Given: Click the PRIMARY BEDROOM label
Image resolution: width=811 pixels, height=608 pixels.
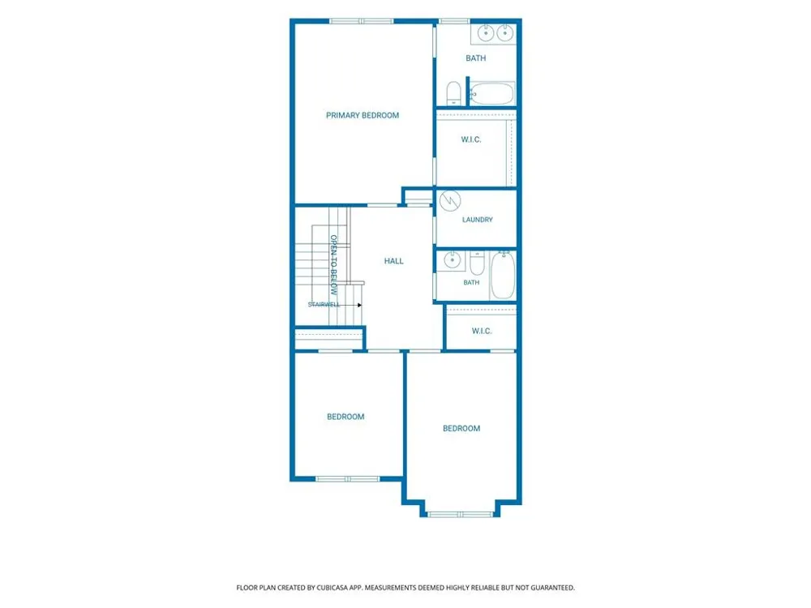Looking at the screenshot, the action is pyautogui.click(x=362, y=115).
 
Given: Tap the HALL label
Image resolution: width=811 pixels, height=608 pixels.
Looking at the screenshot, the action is pyautogui.click(x=393, y=261).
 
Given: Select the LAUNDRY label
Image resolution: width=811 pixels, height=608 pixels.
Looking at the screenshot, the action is pyautogui.click(x=478, y=220).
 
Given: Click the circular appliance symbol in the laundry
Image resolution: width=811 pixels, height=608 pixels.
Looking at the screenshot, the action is pyautogui.click(x=450, y=201).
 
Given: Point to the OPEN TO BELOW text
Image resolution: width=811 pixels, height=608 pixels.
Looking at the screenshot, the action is pyautogui.click(x=333, y=265).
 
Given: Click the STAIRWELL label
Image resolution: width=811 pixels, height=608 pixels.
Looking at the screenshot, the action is pyautogui.click(x=324, y=305).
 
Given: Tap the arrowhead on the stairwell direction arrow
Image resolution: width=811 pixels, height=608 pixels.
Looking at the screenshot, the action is pyautogui.click(x=359, y=305).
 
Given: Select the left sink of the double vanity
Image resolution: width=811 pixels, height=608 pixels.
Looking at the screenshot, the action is pyautogui.click(x=485, y=33).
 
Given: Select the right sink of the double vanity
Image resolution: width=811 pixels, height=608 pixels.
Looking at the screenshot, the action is pyautogui.click(x=504, y=33).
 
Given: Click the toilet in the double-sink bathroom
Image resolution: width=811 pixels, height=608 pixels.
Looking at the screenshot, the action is pyautogui.click(x=453, y=93).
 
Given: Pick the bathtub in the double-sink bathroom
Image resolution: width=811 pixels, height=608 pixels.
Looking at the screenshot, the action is pyautogui.click(x=492, y=93).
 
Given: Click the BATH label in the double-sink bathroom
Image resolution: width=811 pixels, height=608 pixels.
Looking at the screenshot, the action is pyautogui.click(x=476, y=58).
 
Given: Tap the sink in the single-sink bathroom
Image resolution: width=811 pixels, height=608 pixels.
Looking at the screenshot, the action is pyautogui.click(x=453, y=260).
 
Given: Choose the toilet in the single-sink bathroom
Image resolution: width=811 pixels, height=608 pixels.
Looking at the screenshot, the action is pyautogui.click(x=477, y=263).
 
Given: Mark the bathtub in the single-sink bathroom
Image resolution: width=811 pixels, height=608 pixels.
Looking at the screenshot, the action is pyautogui.click(x=502, y=275).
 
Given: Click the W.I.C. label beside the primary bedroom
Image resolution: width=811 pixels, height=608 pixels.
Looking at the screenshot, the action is pyautogui.click(x=471, y=139).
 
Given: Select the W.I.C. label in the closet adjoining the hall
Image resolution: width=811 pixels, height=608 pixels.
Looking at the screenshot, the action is pyautogui.click(x=482, y=331).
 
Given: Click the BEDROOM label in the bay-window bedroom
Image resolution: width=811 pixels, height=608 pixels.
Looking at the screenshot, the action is pyautogui.click(x=461, y=428).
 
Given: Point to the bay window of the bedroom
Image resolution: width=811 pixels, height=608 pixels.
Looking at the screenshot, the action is pyautogui.click(x=461, y=515).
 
